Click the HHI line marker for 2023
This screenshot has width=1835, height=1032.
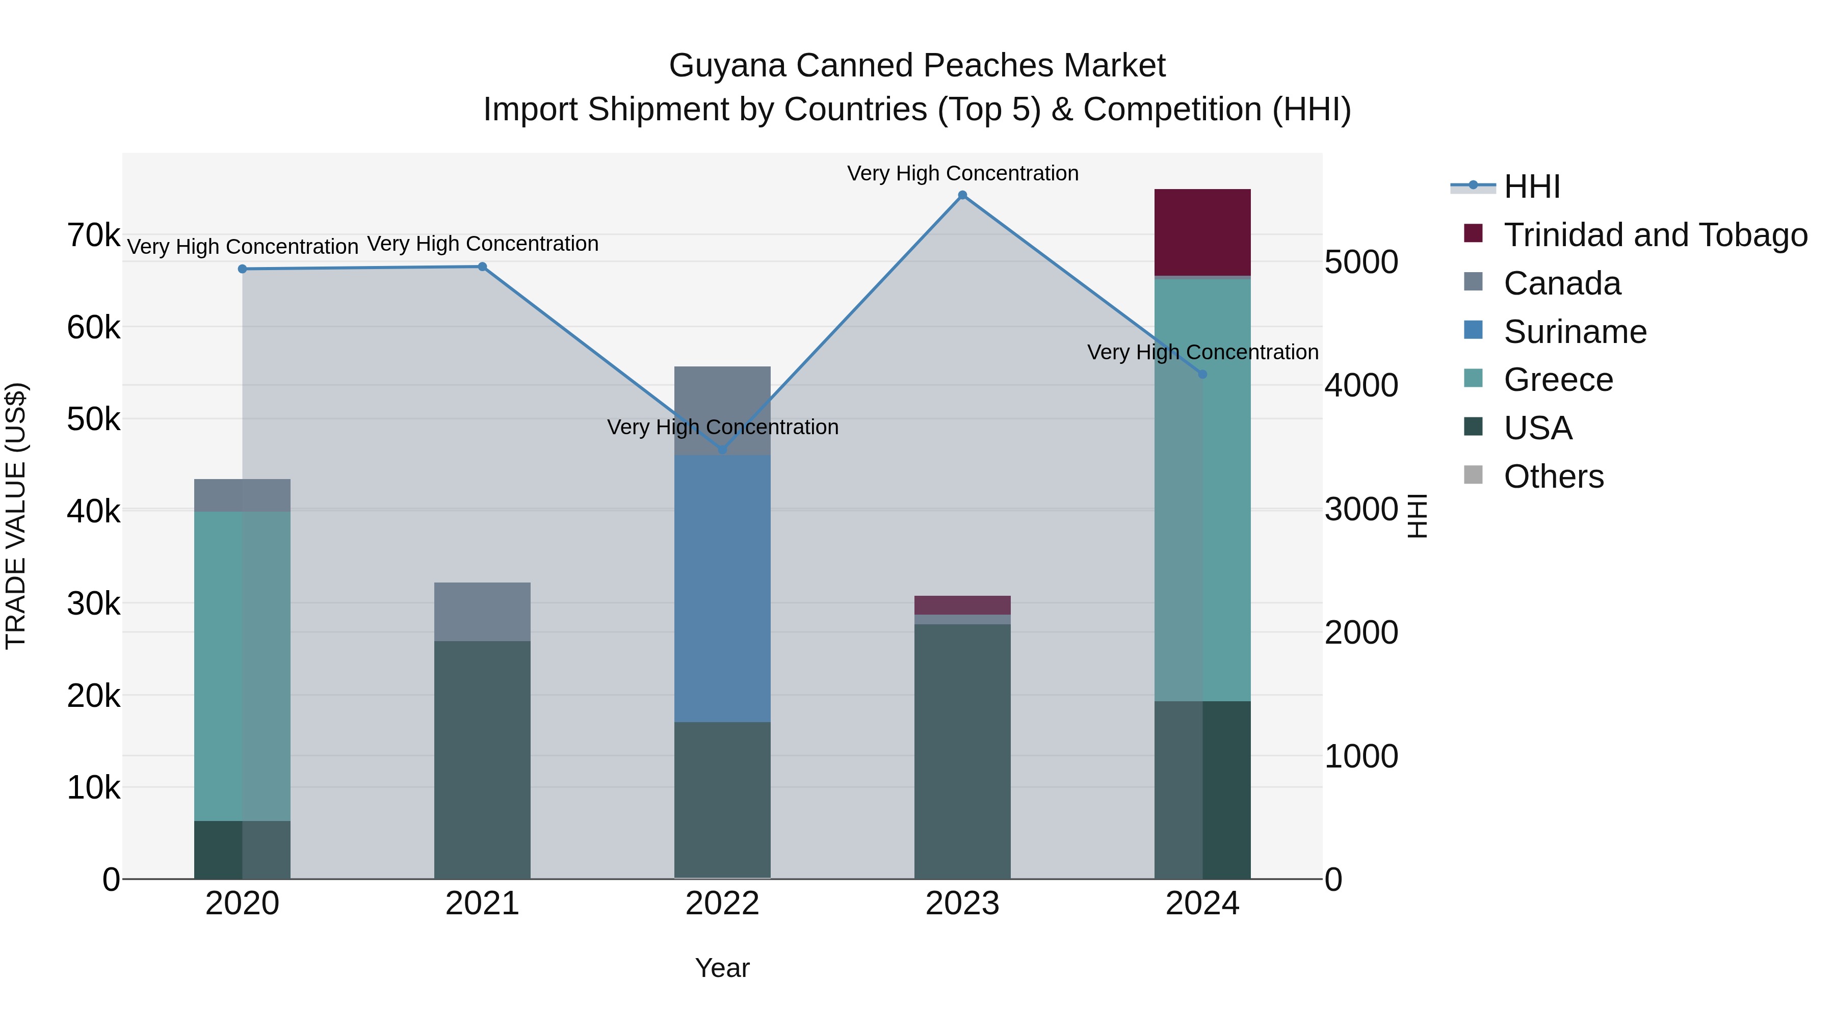pyautogui.click(x=962, y=195)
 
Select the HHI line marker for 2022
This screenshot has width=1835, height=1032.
pyautogui.click(x=722, y=450)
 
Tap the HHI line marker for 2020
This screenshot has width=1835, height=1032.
pyautogui.click(x=242, y=269)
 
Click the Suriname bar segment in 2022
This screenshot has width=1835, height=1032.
pyautogui.click(x=722, y=588)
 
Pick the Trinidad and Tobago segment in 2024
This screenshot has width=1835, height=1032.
pyautogui.click(x=1202, y=232)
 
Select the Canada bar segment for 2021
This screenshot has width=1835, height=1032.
pyautogui.click(x=482, y=612)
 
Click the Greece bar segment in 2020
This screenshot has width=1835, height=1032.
pyautogui.click(x=242, y=666)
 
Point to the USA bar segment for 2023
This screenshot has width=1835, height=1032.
pyautogui.click(x=962, y=751)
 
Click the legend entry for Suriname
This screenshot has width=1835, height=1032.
pyautogui.click(x=1575, y=332)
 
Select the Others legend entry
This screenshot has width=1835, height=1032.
pyautogui.click(x=1553, y=477)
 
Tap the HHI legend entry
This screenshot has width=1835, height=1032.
pyautogui.click(x=1532, y=187)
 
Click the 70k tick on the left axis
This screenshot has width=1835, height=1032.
pyautogui.click(x=93, y=235)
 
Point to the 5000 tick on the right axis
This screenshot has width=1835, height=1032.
pyautogui.click(x=1360, y=262)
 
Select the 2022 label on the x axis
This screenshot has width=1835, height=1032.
pyautogui.click(x=722, y=904)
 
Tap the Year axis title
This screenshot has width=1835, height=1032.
pyautogui.click(x=722, y=968)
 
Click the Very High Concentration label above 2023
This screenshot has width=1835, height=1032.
pyautogui.click(x=962, y=174)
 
